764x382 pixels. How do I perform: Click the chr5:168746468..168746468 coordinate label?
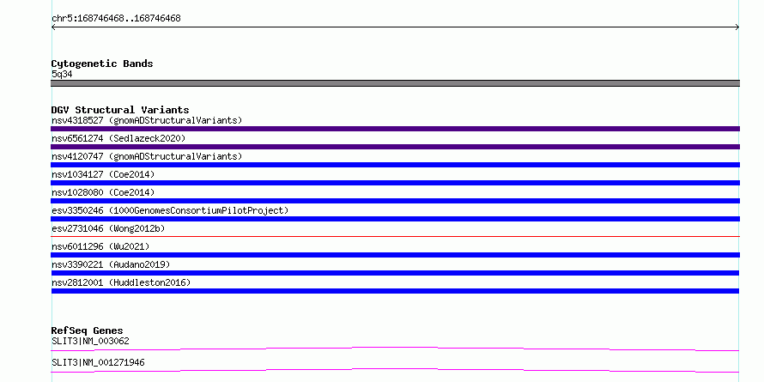(x=116, y=19)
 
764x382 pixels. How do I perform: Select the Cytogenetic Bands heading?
(x=102, y=64)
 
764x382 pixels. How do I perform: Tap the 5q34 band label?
(x=62, y=74)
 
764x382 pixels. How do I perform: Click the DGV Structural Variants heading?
(x=120, y=110)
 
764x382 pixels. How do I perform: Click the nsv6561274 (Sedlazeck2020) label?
(x=118, y=138)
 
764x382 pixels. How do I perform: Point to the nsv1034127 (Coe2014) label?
(x=103, y=174)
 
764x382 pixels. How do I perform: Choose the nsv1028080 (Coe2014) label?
(x=103, y=192)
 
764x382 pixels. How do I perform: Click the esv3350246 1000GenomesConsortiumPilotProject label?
(x=170, y=210)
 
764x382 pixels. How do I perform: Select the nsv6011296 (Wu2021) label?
(x=100, y=246)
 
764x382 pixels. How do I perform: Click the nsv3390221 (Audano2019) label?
(x=111, y=264)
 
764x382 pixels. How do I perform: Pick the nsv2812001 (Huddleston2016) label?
(x=121, y=282)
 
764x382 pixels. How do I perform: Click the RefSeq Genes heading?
(x=87, y=330)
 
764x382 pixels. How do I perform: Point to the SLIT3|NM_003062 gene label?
(x=90, y=341)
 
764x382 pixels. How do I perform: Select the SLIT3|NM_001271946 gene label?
(x=98, y=362)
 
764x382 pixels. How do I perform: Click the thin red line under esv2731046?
(x=395, y=236)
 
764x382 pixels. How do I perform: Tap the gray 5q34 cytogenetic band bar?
(x=395, y=83)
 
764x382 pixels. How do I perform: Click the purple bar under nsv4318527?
(x=395, y=129)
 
